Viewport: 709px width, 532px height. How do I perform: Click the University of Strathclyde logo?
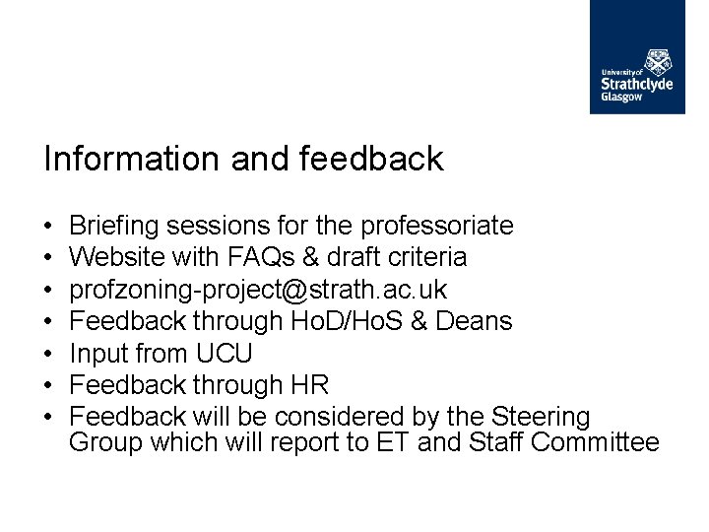(x=637, y=57)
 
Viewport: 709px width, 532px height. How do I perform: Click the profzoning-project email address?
(x=258, y=290)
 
